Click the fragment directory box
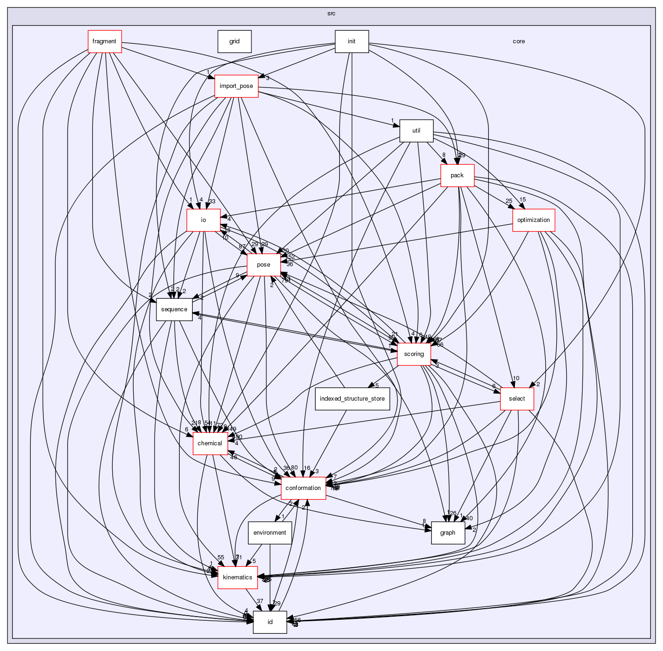[104, 41]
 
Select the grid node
[234, 41]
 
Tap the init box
[352, 41]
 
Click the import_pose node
[236, 86]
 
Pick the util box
[416, 131]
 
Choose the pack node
[457, 175]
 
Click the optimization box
[533, 220]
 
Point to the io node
[203, 220]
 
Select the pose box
[264, 265]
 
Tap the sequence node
[174, 309]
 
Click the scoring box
[413, 354]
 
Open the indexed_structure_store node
[352, 399]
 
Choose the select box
[516, 399]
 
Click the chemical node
[210, 443]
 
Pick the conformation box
[303, 488]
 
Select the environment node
[270, 533]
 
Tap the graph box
[447, 533]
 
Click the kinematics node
[237, 577]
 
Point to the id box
[270, 622]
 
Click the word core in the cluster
[519, 41]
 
